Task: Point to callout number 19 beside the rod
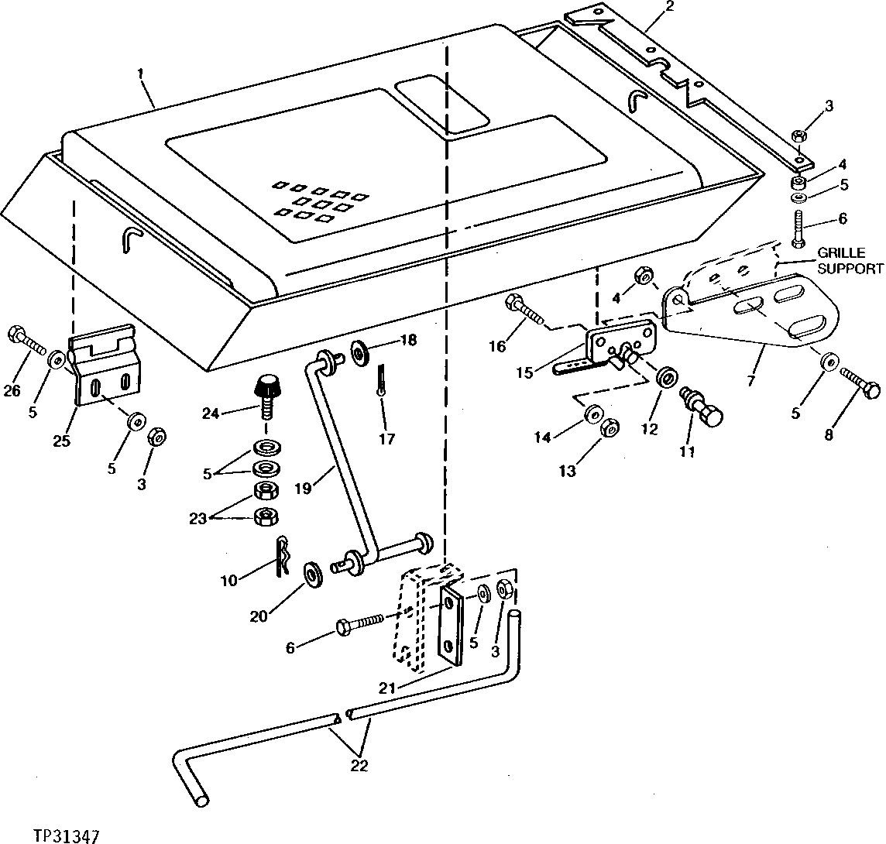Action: (302, 489)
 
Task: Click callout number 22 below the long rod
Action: (358, 767)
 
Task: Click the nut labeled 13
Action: (610, 427)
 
